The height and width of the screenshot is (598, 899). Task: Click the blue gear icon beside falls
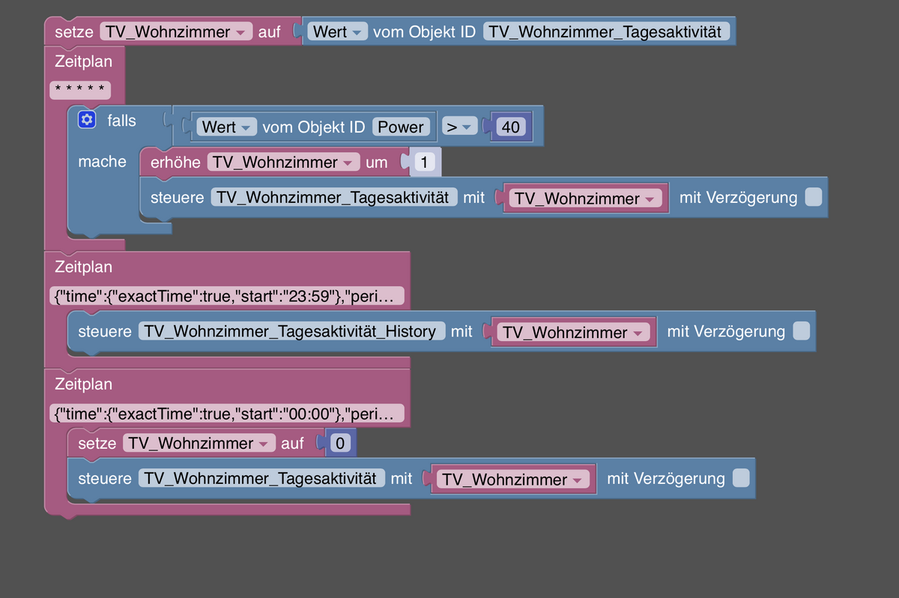[88, 120]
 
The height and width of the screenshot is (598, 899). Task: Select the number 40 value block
[510, 127]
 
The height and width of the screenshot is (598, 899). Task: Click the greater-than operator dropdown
[458, 127]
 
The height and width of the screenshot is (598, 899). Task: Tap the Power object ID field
[401, 127]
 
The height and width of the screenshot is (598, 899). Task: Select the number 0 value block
[339, 444]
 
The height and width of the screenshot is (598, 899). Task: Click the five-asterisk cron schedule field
[80, 91]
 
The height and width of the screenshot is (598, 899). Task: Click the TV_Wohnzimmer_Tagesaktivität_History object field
[291, 331]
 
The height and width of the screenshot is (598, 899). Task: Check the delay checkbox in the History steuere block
[801, 331]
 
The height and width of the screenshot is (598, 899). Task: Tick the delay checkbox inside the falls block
[813, 198]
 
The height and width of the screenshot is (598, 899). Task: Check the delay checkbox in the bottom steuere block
[740, 478]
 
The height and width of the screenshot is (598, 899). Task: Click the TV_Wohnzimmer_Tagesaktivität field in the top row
[606, 32]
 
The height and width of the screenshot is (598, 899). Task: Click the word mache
[102, 161]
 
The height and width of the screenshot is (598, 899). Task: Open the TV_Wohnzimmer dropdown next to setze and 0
[199, 444]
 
